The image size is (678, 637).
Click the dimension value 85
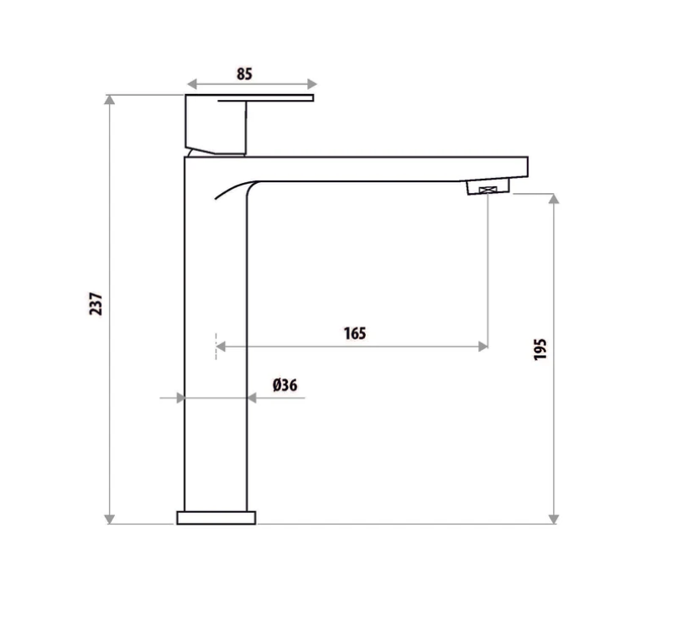coord(244,74)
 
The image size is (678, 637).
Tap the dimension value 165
coord(354,333)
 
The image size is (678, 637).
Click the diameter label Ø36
coord(284,385)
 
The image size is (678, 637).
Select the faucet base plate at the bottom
coord(216,517)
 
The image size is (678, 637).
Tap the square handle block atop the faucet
coord(215,125)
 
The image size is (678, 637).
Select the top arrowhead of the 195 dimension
coord(553,200)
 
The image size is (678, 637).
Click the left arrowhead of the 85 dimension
coord(191,84)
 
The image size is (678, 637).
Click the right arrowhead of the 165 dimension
coord(482,346)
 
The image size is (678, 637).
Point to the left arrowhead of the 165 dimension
coord(222,346)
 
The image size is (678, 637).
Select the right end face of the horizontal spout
coord(528,167)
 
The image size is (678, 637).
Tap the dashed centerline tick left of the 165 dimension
coord(216,346)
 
